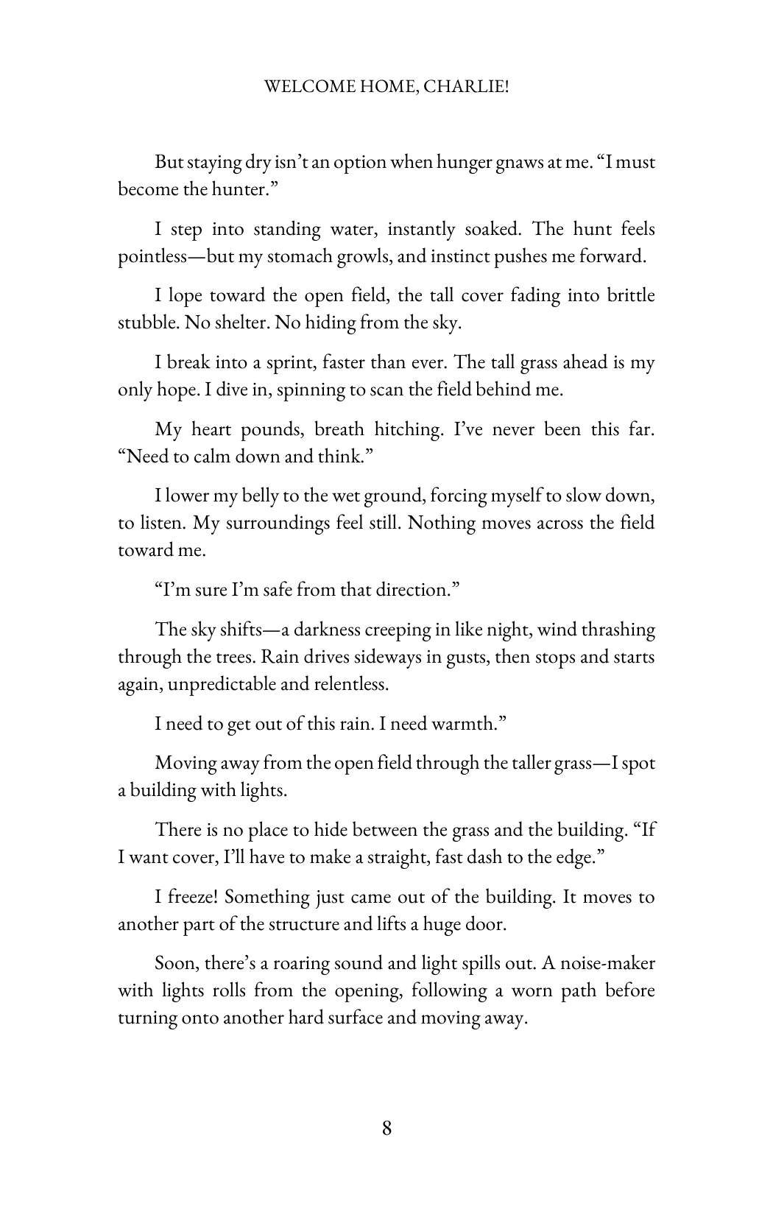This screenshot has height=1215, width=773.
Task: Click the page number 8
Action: [x=386, y=1128]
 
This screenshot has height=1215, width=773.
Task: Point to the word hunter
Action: [x=233, y=189]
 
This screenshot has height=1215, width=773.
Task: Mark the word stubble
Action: [x=147, y=323]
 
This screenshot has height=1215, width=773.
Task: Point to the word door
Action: [x=486, y=924]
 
